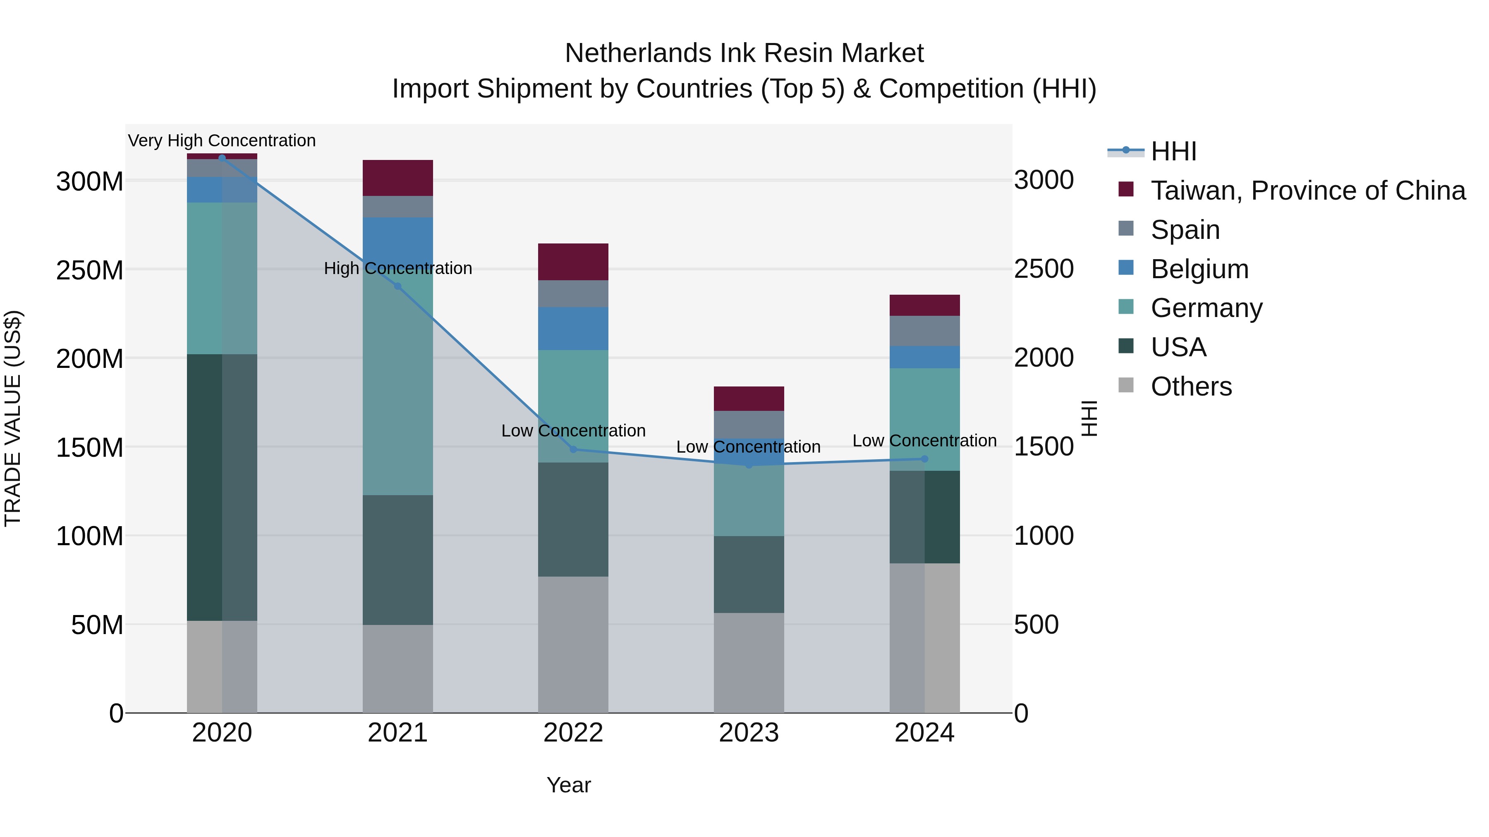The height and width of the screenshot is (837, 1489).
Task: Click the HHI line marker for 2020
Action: click(222, 158)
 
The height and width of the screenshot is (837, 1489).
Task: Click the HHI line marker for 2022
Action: click(573, 449)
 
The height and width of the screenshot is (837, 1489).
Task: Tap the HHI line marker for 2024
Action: click(924, 459)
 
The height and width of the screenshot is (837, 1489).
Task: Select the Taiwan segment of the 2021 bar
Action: click(397, 178)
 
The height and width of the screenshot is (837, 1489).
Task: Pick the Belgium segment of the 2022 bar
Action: click(573, 328)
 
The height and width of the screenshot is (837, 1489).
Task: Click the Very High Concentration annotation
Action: click(222, 141)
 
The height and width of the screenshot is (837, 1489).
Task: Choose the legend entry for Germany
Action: click(1207, 308)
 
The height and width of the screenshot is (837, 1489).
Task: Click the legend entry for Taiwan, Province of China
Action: click(1307, 191)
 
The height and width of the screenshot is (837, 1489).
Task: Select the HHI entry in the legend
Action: click(1173, 151)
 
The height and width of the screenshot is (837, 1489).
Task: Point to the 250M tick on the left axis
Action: click(90, 270)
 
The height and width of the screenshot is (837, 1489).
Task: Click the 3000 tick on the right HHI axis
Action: click(1044, 180)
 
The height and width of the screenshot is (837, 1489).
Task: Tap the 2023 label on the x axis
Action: click(749, 733)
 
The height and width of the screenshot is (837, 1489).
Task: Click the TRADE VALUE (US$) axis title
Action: click(13, 418)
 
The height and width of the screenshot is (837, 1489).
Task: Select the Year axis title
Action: click(569, 785)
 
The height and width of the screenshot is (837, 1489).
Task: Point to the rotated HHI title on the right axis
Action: click(1089, 418)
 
